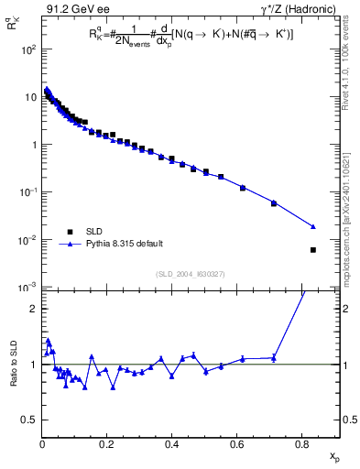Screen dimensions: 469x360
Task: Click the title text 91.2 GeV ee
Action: (x=72, y=9)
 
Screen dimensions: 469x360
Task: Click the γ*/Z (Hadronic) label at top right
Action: (x=295, y=9)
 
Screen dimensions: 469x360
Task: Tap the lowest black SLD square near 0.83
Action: (x=313, y=250)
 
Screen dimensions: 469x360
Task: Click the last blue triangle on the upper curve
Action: (x=313, y=226)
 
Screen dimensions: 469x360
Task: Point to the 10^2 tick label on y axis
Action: (x=27, y=49)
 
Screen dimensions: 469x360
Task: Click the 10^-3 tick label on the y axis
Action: (x=27, y=288)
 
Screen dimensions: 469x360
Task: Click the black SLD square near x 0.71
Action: (x=274, y=203)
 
